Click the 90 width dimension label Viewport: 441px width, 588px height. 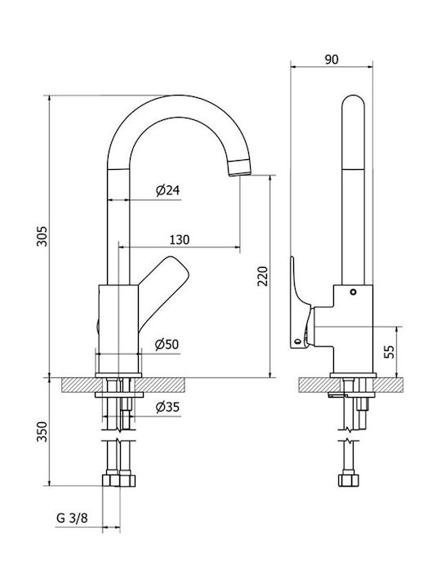pyautogui.click(x=331, y=60)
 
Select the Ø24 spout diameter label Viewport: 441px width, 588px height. pyautogui.click(x=167, y=190)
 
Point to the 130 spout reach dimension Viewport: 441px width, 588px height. pyautogui.click(x=180, y=239)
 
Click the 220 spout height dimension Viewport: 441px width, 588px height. pyautogui.click(x=263, y=276)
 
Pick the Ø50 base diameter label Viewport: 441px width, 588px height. pyautogui.click(x=167, y=345)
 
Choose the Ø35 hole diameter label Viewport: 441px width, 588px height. pyautogui.click(x=167, y=407)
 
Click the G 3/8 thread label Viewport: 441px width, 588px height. pyautogui.click(x=72, y=519)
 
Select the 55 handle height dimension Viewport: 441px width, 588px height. pyautogui.click(x=390, y=352)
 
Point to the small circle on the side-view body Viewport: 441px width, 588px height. pyautogui.click(x=353, y=292)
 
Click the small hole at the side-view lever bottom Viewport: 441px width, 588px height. pyautogui.click(x=298, y=341)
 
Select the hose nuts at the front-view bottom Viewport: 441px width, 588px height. pyautogui.click(x=118, y=480)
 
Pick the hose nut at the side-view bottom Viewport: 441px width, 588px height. pyautogui.click(x=349, y=480)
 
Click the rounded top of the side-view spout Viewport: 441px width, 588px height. pyautogui.click(x=353, y=101)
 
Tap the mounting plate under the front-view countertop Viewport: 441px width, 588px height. pyautogui.click(x=119, y=394)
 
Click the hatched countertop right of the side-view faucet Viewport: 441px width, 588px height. pyautogui.click(x=389, y=385)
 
